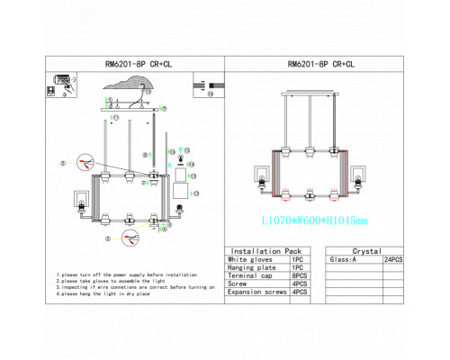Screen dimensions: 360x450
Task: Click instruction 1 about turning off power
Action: pos(127,274)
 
